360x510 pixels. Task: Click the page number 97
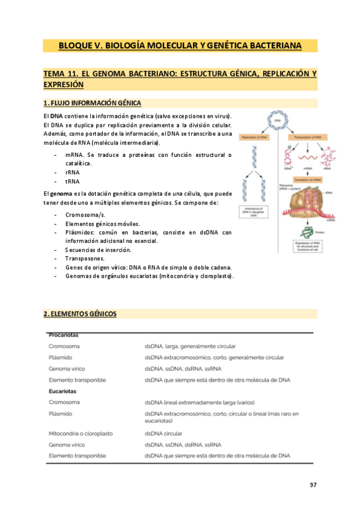click(x=313, y=485)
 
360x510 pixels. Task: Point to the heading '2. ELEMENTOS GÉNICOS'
click(x=80, y=314)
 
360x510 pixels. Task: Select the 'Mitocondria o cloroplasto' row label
click(x=81, y=433)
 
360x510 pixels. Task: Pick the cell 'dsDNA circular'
click(x=163, y=433)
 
